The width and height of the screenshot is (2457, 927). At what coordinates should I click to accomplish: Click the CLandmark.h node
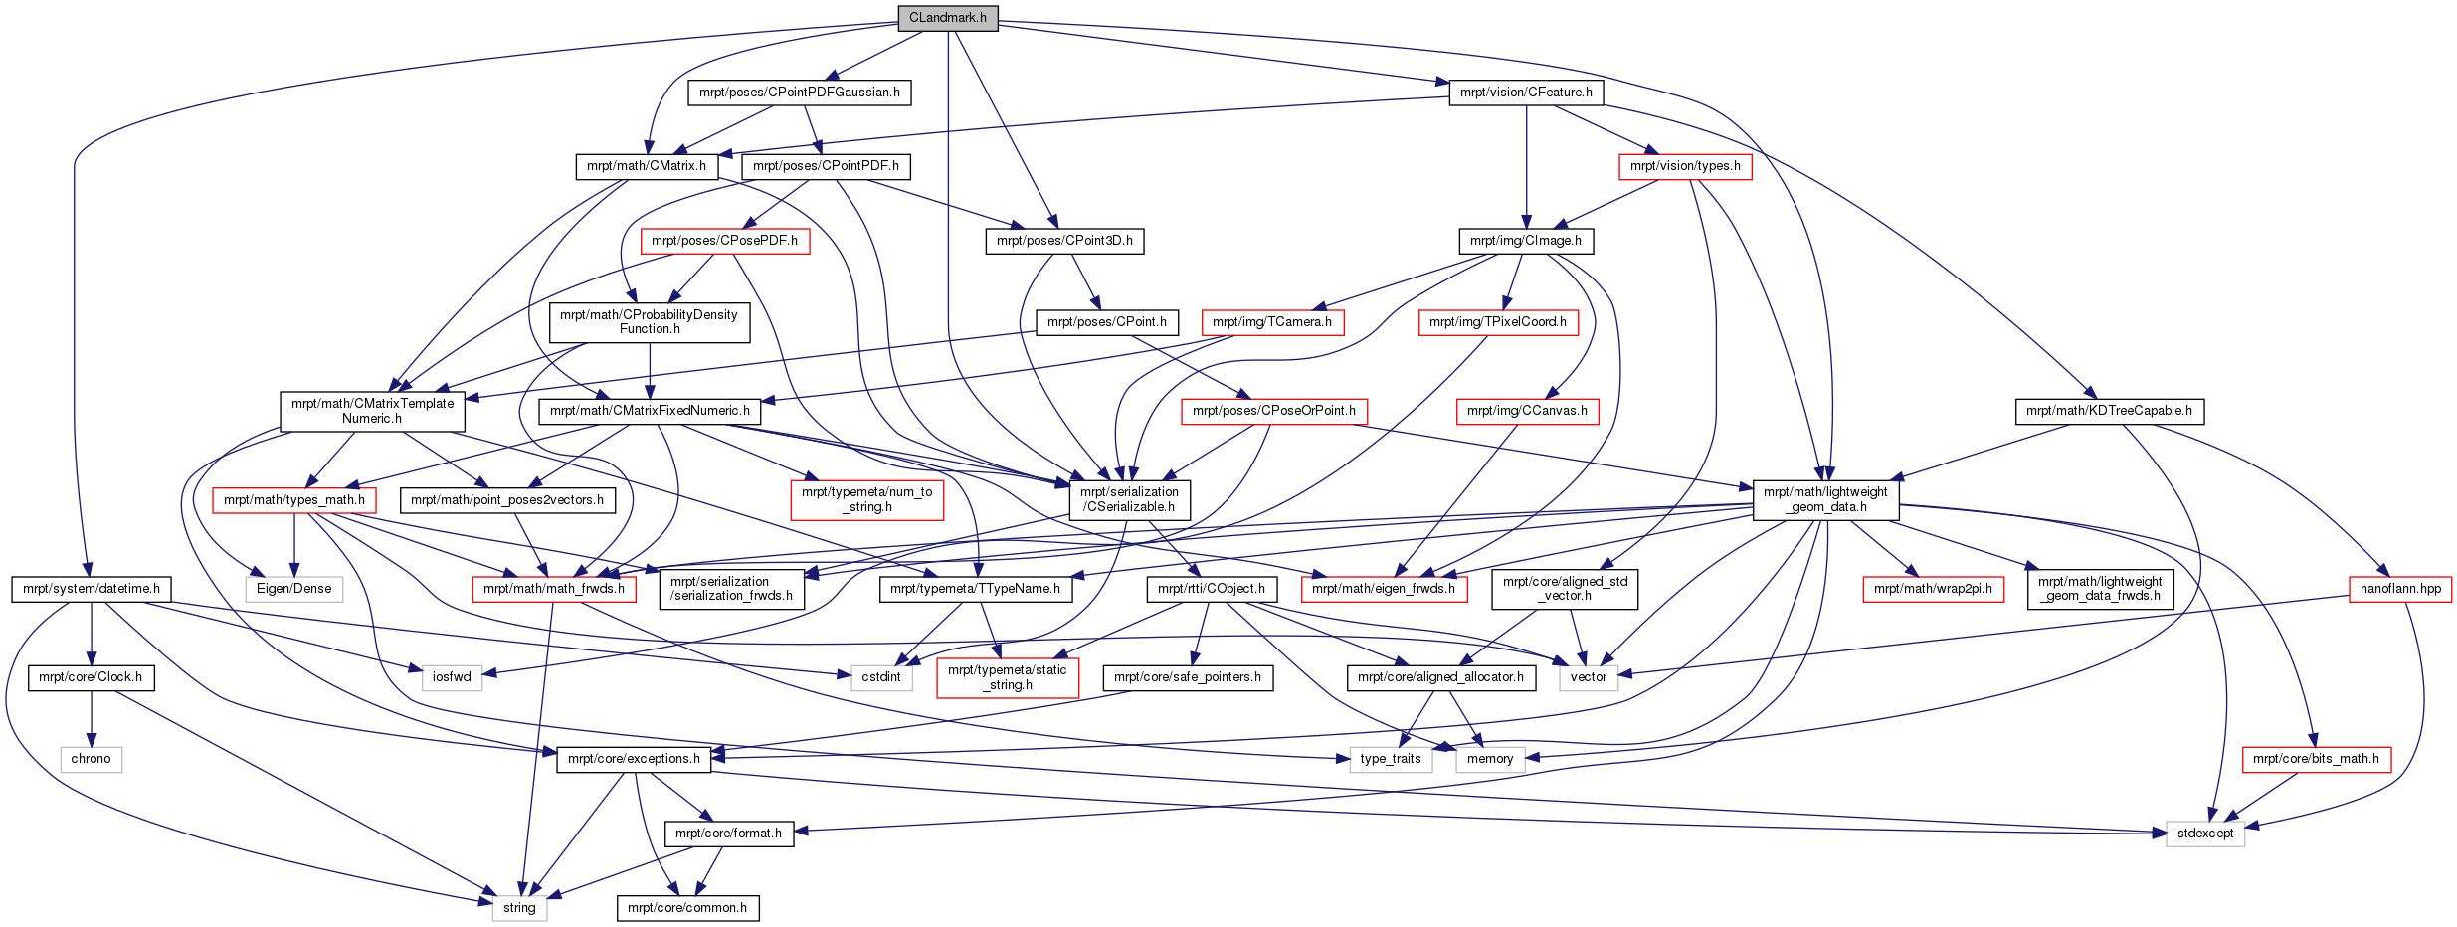pos(948,18)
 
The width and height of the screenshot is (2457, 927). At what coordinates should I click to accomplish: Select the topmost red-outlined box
pos(1685,167)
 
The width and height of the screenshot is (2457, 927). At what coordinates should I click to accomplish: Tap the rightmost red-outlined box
pos(2400,589)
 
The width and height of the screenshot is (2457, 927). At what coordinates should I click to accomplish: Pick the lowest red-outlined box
pos(2317,760)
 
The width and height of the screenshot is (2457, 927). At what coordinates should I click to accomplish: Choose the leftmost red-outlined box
pos(294,501)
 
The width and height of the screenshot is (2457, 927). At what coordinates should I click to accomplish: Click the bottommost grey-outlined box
pos(519,909)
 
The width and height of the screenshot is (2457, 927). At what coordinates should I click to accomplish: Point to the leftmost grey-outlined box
pos(92,760)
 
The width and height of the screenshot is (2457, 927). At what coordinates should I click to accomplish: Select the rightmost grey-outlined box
pos(2205,834)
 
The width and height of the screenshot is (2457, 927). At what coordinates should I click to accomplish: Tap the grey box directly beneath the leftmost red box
pos(294,589)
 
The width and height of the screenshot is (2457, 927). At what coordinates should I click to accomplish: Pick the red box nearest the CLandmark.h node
pos(725,242)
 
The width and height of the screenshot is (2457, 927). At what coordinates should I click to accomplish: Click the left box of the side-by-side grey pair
pos(1391,760)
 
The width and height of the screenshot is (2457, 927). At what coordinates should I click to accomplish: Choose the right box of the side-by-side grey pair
pos(1490,760)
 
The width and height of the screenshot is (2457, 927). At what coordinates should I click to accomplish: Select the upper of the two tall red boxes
pos(867,500)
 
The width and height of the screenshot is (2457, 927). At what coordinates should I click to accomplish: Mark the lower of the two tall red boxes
pos(1008,678)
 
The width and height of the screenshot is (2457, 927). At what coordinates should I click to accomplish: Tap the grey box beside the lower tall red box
pos(882,678)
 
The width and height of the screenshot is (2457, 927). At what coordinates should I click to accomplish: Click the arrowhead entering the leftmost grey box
pos(92,740)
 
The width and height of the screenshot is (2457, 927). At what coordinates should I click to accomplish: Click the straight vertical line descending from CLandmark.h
pos(948,199)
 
